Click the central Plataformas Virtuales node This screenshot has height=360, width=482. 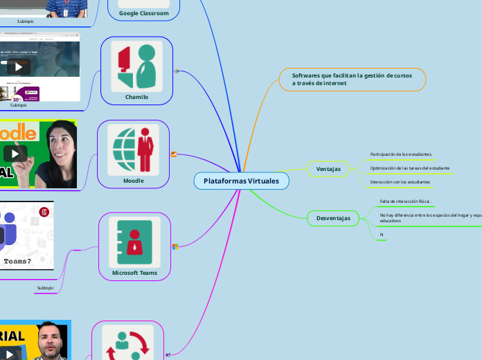coord(241,181)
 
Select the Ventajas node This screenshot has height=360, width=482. coord(328,169)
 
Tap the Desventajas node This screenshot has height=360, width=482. coord(333,218)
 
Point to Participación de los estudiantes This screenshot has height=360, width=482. coord(401,154)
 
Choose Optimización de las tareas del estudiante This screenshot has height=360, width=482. coord(409,168)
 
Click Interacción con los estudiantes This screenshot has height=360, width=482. coord(400,181)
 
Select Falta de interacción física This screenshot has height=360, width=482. coord(405,201)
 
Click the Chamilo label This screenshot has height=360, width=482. coord(136,97)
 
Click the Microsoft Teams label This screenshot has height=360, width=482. coord(134,273)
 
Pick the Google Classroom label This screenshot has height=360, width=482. coord(143,13)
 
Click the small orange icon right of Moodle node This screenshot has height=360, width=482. coord(174,154)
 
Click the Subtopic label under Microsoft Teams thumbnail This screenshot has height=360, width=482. coord(45,287)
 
